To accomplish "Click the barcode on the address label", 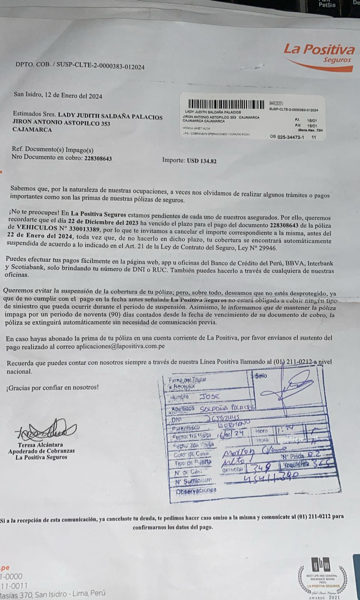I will pyautogui.click(x=227, y=104).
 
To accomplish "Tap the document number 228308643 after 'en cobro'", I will pyautogui.click(x=98, y=158).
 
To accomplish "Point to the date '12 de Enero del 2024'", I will pyautogui.click(x=73, y=96).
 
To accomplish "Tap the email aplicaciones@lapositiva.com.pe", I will pyautogui.click(x=120, y=346).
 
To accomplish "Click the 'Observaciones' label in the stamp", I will pyautogui.click(x=196, y=490).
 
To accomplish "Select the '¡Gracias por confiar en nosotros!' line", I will pyautogui.click(x=52, y=387).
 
